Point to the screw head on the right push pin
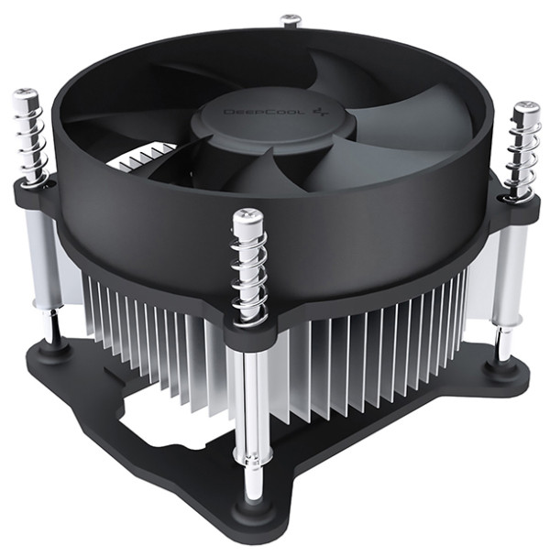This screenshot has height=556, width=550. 526,110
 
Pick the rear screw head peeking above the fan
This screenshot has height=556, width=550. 291,19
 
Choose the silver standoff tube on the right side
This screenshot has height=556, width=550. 508,275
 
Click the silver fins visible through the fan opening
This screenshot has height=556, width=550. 137,161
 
